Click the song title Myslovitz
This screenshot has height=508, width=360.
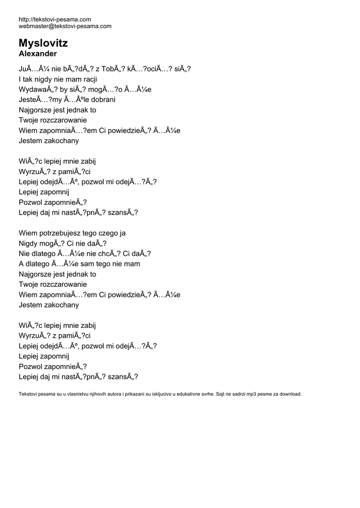[x=43, y=43]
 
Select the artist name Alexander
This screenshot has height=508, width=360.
[x=38, y=54]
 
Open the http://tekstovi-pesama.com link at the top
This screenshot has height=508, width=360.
[x=55, y=19]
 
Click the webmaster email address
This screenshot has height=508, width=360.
[x=65, y=26]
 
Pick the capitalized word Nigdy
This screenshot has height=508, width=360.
[x=28, y=243]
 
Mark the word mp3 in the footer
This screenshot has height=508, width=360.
[x=254, y=394]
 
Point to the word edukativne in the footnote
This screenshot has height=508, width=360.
[x=181, y=394]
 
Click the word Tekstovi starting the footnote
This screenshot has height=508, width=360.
[x=28, y=394]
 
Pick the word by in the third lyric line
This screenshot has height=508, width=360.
[x=65, y=89]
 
